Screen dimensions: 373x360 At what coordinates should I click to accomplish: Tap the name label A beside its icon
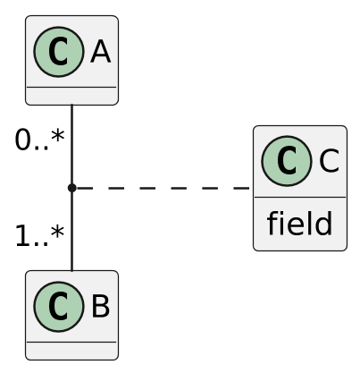pyautogui.click(x=100, y=53)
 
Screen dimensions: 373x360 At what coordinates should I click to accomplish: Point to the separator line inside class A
pyautogui.click(x=71, y=87)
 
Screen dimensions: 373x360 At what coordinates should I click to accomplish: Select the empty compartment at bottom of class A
pyautogui.click(x=71, y=96)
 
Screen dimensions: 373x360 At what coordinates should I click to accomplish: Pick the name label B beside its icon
pyautogui.click(x=100, y=307)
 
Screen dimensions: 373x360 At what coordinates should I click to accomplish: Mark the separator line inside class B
pyautogui.click(x=71, y=342)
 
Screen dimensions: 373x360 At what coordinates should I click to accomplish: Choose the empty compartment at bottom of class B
pyautogui.click(x=71, y=350)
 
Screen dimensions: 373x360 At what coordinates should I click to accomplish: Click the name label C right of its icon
pyautogui.click(x=328, y=162)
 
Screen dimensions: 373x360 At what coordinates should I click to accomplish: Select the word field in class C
pyautogui.click(x=299, y=224)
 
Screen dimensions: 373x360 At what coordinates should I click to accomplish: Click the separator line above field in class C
pyautogui.click(x=299, y=197)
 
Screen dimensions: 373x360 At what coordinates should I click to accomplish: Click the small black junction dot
pyautogui.click(x=71, y=188)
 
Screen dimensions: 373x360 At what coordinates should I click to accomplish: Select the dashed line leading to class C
pyautogui.click(x=161, y=188)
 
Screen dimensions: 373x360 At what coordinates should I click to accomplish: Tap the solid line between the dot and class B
pyautogui.click(x=71, y=231)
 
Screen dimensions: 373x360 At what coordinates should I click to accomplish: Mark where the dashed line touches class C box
pyautogui.click(x=253, y=188)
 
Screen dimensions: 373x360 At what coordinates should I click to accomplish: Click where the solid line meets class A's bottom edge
pyautogui.click(x=71, y=106)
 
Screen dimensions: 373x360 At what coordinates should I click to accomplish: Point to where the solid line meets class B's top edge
pyautogui.click(x=71, y=270)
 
